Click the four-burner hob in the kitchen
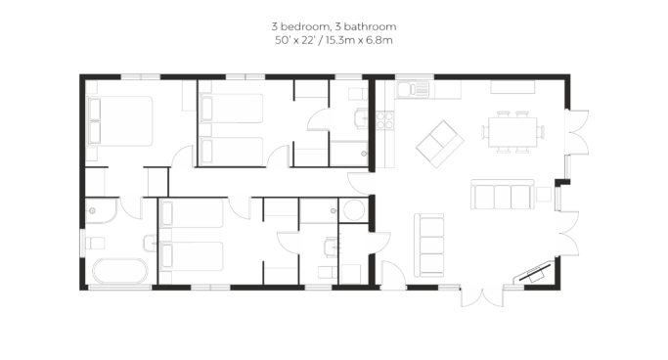point(384,120)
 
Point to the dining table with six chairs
point(512,132)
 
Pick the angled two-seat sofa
point(440,144)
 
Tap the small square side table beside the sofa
point(544,194)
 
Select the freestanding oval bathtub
point(120,271)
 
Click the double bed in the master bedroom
point(119,121)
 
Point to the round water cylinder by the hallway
point(354,210)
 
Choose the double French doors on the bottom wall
point(482,297)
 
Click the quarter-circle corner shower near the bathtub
point(101,210)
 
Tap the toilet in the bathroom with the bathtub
point(95,244)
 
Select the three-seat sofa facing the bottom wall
point(503,195)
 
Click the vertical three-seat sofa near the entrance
point(429,246)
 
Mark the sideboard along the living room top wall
point(512,87)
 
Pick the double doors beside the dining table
point(577,132)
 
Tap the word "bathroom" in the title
point(370,26)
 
